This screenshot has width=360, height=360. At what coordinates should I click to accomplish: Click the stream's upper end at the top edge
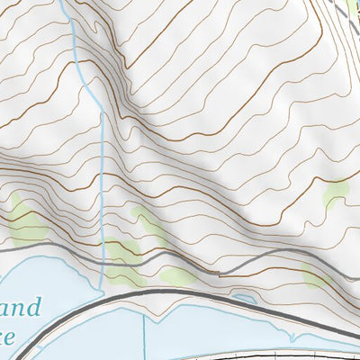point(66,3)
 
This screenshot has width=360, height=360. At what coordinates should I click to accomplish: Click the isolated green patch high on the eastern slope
point(337,192)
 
